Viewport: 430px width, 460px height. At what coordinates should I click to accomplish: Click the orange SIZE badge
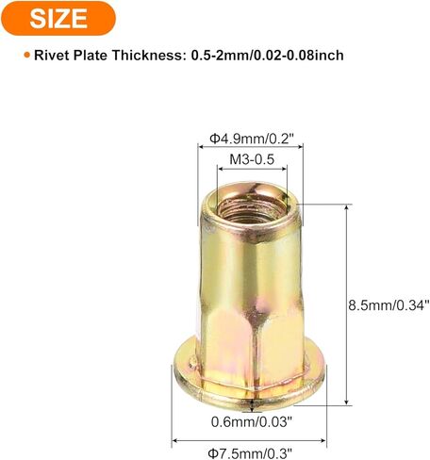tap(58, 18)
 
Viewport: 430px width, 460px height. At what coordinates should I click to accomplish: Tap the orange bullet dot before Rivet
tap(27, 55)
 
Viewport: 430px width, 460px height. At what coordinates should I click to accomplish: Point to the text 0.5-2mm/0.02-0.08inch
tap(267, 56)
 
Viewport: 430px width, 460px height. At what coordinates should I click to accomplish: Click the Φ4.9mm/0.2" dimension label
tap(252, 139)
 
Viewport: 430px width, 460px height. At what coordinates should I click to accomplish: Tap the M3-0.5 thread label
tap(252, 159)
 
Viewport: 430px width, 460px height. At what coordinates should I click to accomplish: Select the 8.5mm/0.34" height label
tap(389, 305)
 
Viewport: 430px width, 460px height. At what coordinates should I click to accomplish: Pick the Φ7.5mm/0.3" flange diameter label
tap(250, 453)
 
